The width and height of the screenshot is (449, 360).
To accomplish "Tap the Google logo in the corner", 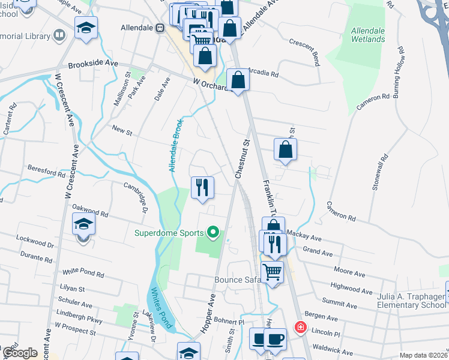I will click(x=20, y=352).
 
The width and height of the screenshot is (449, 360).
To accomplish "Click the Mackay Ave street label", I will click(x=301, y=235).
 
